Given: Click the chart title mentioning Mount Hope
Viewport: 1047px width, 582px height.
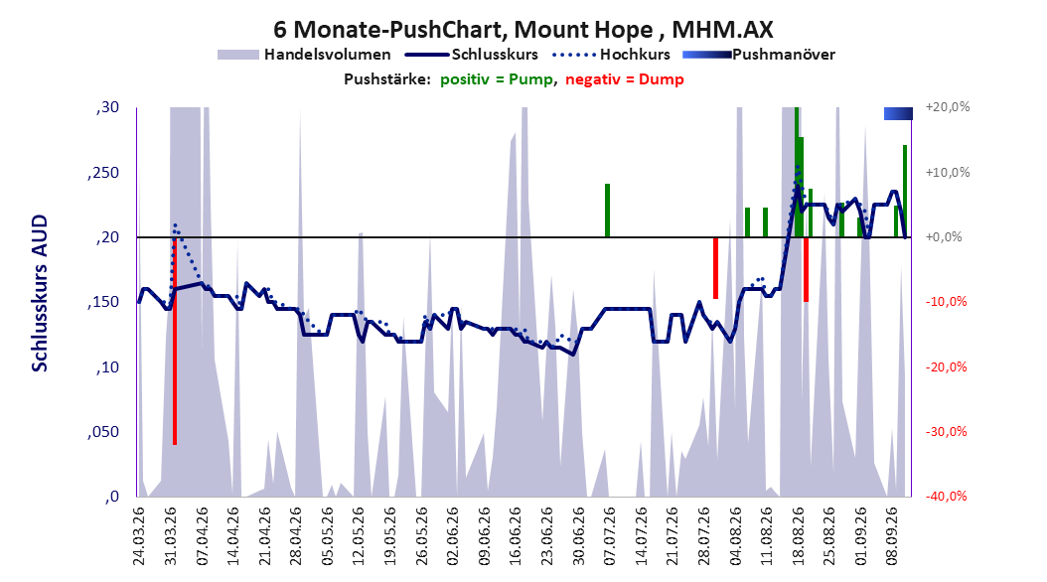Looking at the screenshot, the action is pyautogui.click(x=523, y=30).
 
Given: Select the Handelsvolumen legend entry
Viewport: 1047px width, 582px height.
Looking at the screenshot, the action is pyautogui.click(x=304, y=55).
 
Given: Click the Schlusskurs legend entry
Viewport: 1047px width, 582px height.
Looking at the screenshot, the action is pyautogui.click(x=472, y=55).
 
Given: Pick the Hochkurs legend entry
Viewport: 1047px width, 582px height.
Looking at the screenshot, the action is pyautogui.click(x=611, y=55).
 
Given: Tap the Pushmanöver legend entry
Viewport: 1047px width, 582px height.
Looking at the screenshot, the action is pyautogui.click(x=759, y=55).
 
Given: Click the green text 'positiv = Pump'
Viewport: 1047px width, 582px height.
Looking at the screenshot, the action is pyautogui.click(x=497, y=79).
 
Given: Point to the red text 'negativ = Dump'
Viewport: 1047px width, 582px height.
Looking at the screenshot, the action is pyautogui.click(x=625, y=79).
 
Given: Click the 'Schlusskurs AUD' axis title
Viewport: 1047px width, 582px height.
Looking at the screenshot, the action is pyautogui.click(x=40, y=293).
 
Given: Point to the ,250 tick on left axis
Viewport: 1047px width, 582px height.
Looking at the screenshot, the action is pyautogui.click(x=103, y=173).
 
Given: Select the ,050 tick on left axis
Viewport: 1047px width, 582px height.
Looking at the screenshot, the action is pyautogui.click(x=103, y=432).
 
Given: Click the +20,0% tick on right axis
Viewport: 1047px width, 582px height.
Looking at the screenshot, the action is pyautogui.click(x=948, y=107).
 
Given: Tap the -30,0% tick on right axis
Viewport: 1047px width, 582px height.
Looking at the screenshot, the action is pyautogui.click(x=946, y=432).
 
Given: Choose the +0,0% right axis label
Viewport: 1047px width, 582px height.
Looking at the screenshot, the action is pyautogui.click(x=944, y=237).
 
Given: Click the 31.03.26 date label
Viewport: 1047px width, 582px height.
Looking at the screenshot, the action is pyautogui.click(x=171, y=536).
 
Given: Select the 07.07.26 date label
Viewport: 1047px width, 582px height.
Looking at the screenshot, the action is pyautogui.click(x=609, y=536).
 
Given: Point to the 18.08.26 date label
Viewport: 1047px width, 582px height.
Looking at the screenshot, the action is pyautogui.click(x=798, y=536).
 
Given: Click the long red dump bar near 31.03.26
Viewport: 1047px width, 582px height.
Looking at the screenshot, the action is pyautogui.click(x=175, y=341).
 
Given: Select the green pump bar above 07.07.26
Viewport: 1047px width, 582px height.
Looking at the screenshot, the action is pyautogui.click(x=608, y=211).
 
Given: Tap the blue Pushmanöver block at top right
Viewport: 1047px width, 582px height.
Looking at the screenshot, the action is pyautogui.click(x=898, y=113).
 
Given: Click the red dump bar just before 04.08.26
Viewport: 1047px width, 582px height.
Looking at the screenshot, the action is pyautogui.click(x=715, y=268).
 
